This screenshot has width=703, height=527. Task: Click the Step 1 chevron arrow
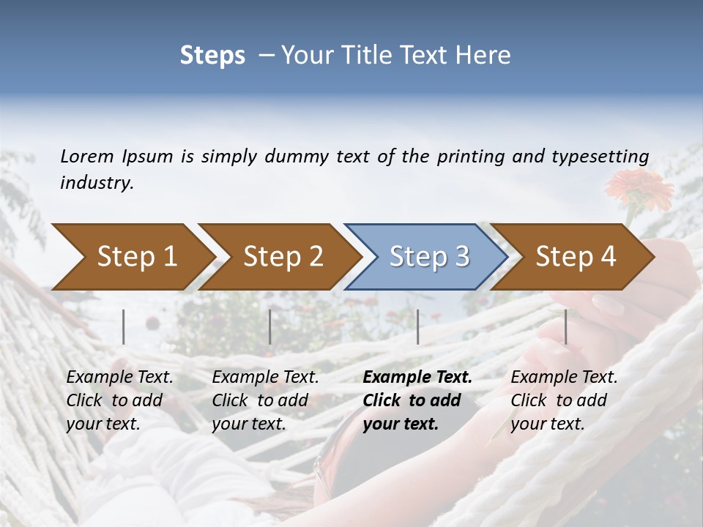[x=132, y=257]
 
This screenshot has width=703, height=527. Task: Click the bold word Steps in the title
[x=212, y=55]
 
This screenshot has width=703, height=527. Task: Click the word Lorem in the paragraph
[x=87, y=156]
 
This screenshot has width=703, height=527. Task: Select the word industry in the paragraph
[x=97, y=183]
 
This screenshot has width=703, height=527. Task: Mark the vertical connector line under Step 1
[x=124, y=326]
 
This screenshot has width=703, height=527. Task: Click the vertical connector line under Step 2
[x=270, y=326]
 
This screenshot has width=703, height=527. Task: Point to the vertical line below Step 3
[x=418, y=326]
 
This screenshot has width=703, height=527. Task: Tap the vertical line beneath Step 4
[x=565, y=326]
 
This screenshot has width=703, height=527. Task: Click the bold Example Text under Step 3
[x=417, y=378]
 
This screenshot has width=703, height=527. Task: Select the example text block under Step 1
[x=119, y=400]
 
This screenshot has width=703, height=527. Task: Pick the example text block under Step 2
[x=265, y=400]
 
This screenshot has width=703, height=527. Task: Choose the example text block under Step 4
[x=564, y=400]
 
